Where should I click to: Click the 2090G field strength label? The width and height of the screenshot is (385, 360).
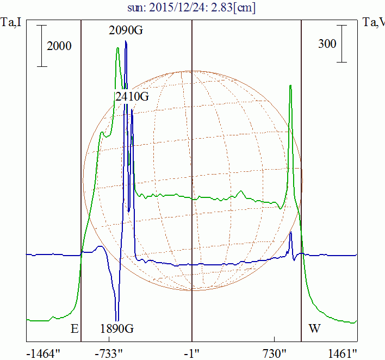coord(126,31)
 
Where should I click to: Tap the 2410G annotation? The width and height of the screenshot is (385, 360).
coord(132,97)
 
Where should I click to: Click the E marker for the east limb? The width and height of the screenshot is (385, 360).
coord(74,328)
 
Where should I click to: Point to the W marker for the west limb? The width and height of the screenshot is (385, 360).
coord(314,328)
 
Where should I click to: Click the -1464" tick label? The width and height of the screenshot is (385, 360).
coord(44,353)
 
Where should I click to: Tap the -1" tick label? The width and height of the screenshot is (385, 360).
coord(192,353)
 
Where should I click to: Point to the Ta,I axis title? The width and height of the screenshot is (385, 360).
coord(11,22)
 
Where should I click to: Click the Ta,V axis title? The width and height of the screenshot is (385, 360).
coord(374,22)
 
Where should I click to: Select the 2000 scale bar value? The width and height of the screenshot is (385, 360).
coord(59,46)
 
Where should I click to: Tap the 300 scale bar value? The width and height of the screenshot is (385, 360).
coord(327,44)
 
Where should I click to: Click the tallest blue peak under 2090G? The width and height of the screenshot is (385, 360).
coord(126,41)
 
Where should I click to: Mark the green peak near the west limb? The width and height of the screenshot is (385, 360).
coord(290,86)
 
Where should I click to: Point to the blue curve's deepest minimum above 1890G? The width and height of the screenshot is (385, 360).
coord(117,320)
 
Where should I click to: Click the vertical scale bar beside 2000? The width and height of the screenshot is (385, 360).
coord(42,46)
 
